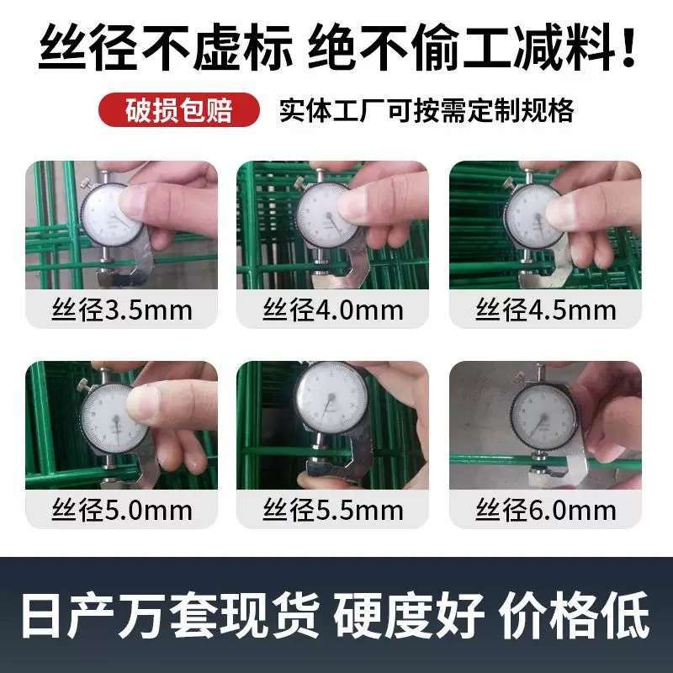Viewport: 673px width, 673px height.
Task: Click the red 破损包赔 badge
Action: pos(178,110)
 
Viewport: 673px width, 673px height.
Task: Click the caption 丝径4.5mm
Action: pos(546,310)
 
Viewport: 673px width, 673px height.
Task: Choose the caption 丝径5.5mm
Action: pos(333,509)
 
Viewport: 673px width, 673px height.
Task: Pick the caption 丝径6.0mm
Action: pos(546,509)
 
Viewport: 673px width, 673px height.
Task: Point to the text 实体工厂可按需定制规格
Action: pos(427,110)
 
